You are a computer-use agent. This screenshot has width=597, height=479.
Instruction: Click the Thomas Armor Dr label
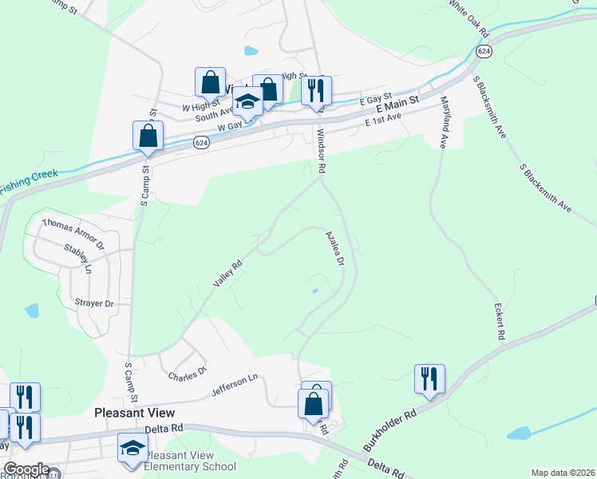tap(73, 235)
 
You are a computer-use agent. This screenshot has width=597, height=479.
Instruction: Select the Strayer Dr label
tap(94, 303)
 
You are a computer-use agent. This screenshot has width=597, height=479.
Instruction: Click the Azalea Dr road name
tap(335, 248)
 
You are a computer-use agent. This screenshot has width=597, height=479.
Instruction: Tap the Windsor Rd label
tap(322, 152)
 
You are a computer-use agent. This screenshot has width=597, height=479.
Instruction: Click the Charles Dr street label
tap(188, 371)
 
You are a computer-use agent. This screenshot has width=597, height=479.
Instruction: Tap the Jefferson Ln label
tap(235, 389)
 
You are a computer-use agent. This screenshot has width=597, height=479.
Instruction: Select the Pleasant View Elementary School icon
tap(132, 449)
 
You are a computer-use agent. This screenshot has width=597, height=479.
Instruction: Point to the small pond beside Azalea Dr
tap(314, 291)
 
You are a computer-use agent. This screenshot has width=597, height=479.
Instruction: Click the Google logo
tap(26, 469)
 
